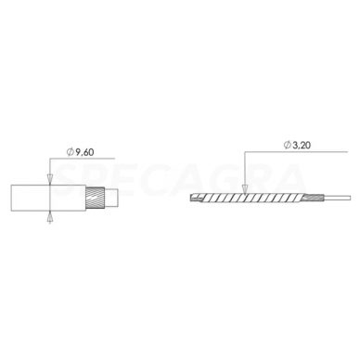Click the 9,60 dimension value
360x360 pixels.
[x=84, y=152]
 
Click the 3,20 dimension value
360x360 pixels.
[x=302, y=145]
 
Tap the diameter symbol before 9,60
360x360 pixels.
[x=71, y=152]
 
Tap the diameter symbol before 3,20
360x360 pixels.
[x=288, y=145]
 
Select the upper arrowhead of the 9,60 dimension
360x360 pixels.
[x=50, y=179]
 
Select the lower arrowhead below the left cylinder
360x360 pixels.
[x=50, y=217]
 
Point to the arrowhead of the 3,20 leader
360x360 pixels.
[x=245, y=189]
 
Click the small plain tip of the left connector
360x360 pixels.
[x=111, y=199]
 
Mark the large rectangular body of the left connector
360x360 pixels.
[x=48, y=198]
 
